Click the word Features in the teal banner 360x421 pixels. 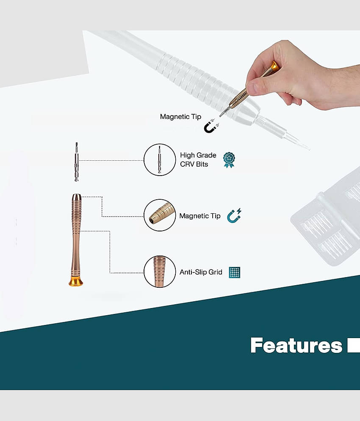point(296,345)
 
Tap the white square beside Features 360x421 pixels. point(354,346)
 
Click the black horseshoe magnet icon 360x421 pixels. point(211,126)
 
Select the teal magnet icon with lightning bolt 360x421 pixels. point(234,216)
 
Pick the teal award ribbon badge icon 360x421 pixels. point(229,160)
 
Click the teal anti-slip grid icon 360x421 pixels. point(235,272)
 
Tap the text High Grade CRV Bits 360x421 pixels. point(198,160)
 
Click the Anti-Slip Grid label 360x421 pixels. point(201,272)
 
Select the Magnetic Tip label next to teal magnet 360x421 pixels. point(200,216)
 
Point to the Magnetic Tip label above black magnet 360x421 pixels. point(180,116)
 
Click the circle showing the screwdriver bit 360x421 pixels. point(160,160)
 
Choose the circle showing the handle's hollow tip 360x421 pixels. point(160,215)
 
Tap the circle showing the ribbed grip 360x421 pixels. point(160,272)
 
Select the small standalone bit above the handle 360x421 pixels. point(77,162)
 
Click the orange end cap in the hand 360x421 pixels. point(274,66)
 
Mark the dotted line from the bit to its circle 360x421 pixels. point(111,160)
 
